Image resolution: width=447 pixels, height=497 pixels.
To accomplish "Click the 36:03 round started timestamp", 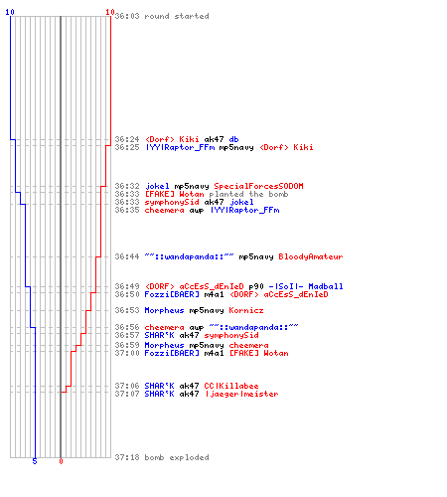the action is [x=127, y=16].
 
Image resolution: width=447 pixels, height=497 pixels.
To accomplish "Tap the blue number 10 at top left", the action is [x=10, y=12].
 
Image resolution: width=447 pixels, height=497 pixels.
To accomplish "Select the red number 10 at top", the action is [x=110, y=12].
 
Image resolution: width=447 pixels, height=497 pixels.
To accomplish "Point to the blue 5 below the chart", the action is [x=35, y=461].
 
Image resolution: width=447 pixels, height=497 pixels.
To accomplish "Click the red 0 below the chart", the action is [x=61, y=461].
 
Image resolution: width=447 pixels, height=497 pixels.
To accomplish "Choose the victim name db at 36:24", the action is [x=233, y=139].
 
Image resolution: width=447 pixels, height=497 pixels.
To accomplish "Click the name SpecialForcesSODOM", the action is [x=258, y=186].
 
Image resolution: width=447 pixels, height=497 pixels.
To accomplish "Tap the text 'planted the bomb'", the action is [x=248, y=194].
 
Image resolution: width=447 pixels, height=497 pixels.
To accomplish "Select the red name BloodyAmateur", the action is [x=311, y=256].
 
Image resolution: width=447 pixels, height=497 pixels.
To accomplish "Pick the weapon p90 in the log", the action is [x=256, y=286].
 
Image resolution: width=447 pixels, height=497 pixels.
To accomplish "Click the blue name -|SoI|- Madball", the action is [x=306, y=286].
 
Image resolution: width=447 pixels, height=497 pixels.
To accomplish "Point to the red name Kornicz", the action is [x=246, y=310].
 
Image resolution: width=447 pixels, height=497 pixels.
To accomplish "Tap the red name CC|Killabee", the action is [x=231, y=386].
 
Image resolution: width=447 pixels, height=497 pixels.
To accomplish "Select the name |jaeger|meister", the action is [x=241, y=394].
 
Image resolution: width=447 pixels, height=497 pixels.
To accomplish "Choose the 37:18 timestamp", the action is [x=127, y=457].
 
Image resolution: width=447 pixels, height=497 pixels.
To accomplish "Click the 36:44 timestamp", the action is [x=127, y=256].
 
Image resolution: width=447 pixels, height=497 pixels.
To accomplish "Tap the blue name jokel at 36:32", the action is [x=157, y=186].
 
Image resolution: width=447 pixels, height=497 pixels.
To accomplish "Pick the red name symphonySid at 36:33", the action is [x=172, y=202].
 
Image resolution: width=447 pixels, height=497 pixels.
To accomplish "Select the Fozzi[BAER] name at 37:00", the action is [x=172, y=353].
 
